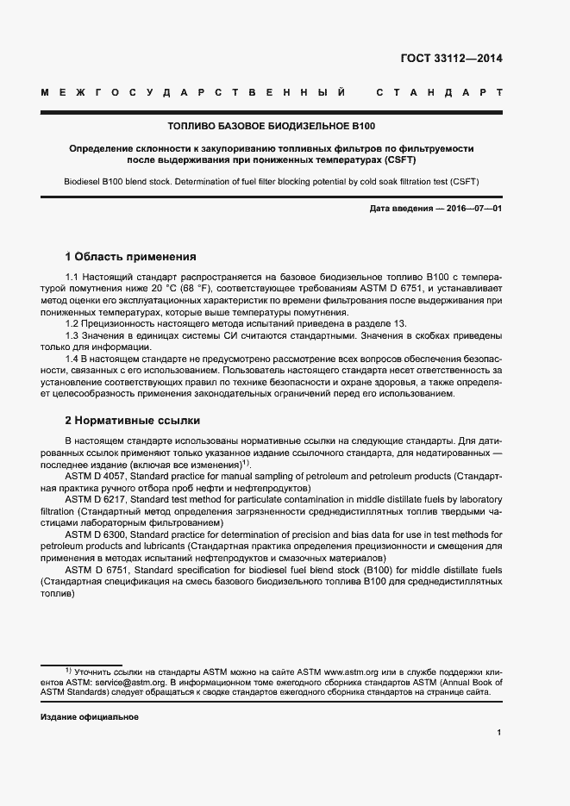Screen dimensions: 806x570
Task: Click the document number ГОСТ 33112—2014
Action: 451,59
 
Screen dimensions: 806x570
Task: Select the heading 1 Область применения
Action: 130,256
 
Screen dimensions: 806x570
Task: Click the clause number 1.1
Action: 72,277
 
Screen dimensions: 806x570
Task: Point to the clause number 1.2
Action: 72,322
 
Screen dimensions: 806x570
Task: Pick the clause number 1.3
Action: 72,334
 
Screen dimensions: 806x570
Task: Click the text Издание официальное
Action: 90,717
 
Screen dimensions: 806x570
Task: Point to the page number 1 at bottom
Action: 498,733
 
